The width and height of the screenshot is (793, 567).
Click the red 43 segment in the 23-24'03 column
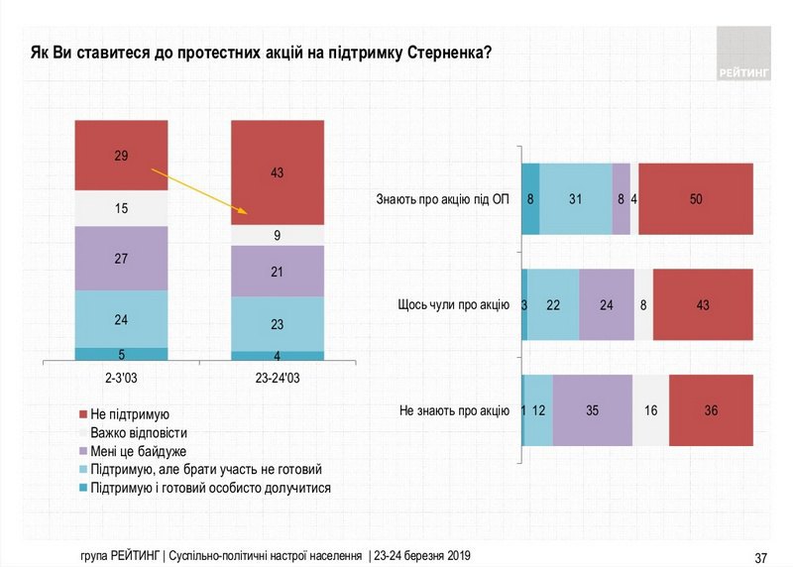pos(278,172)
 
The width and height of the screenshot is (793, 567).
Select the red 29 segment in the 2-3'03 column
pos(121,156)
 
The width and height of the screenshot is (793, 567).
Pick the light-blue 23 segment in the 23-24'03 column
pos(278,323)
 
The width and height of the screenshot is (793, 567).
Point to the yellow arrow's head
pos(244,213)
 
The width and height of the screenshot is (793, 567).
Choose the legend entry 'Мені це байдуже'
pos(143,450)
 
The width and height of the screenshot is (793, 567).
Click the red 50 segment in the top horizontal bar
pos(696,198)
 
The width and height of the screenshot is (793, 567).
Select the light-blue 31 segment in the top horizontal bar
pos(576,198)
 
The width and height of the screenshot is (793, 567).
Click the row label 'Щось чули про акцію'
pos(453,304)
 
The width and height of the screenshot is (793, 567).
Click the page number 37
pos(761,555)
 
